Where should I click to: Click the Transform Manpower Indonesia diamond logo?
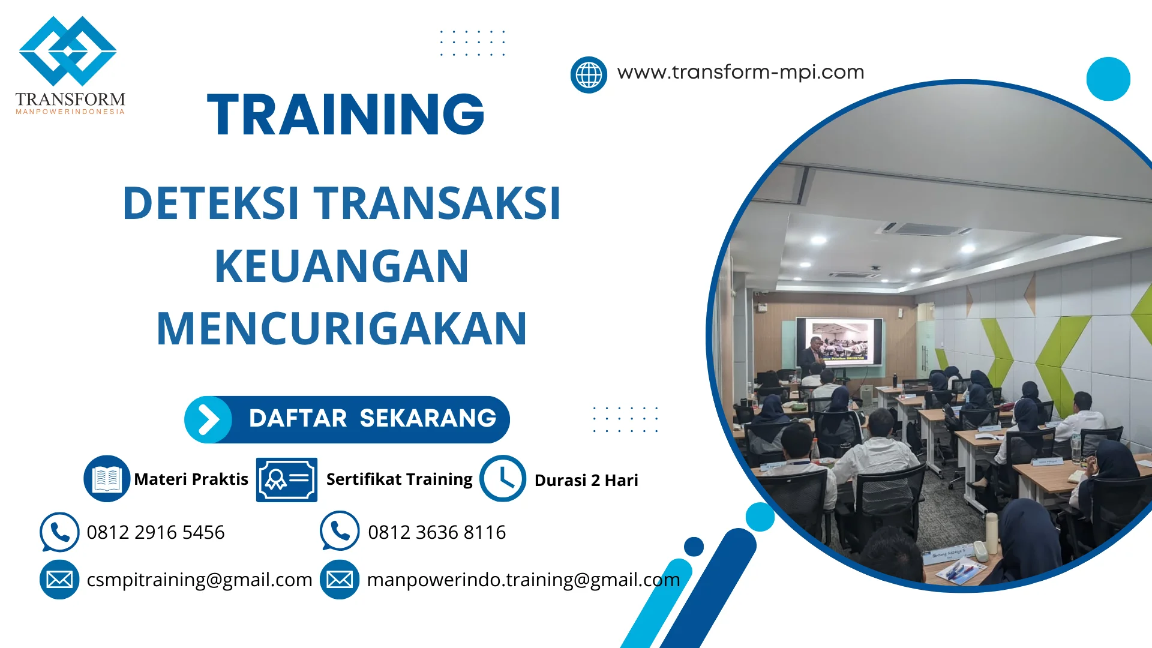(68, 51)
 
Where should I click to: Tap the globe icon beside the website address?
(589, 75)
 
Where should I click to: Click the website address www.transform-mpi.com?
(740, 72)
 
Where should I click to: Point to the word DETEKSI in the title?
(211, 203)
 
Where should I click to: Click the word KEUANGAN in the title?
(341, 266)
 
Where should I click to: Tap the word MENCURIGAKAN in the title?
(341, 329)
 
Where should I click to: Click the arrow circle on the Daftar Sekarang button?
(208, 419)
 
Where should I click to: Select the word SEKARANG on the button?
(428, 418)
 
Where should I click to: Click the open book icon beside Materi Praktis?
(107, 479)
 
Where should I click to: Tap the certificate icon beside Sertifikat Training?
(287, 479)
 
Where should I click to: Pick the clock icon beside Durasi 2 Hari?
(503, 479)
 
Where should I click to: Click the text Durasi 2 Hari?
(586, 480)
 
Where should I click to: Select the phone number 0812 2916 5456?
(155, 532)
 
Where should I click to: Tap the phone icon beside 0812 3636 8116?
(340, 531)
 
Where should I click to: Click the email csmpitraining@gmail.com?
(199, 580)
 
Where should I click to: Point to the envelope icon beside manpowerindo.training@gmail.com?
(340, 580)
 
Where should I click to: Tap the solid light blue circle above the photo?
(1108, 79)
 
